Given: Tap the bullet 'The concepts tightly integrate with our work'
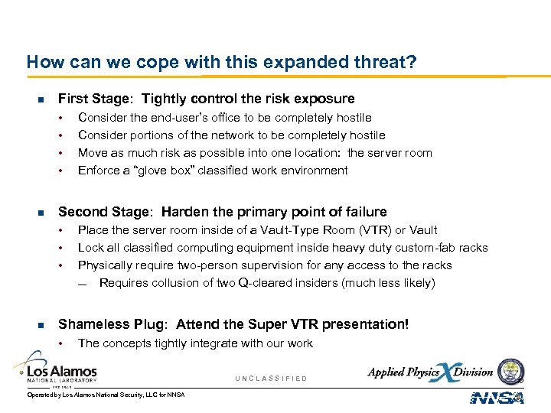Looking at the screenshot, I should click(x=195, y=343).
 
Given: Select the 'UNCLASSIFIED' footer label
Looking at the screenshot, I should click(x=271, y=379).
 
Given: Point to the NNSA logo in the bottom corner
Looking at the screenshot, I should click(x=497, y=397).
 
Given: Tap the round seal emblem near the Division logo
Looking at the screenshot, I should click(x=510, y=372).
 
